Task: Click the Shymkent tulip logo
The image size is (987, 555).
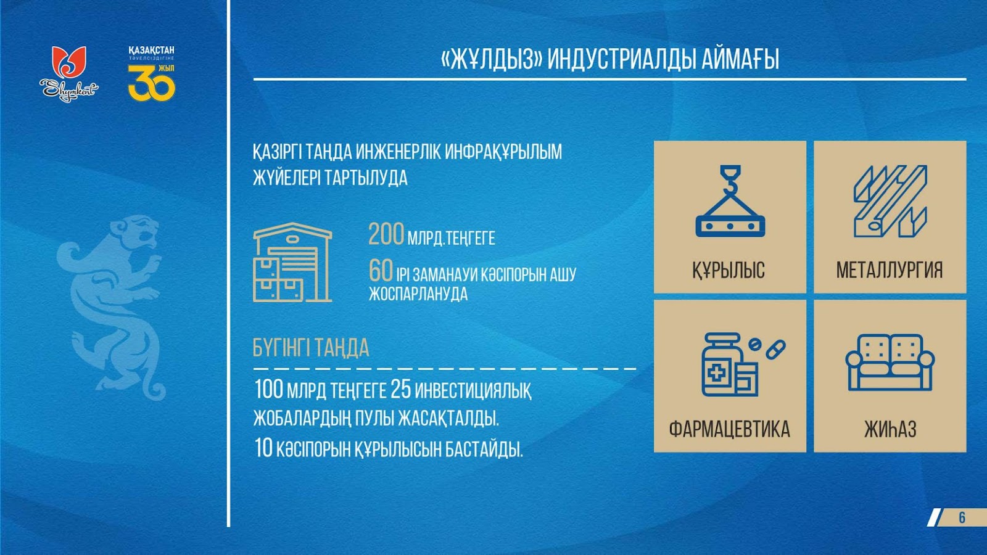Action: pos(68,73)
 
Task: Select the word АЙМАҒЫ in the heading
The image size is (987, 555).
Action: pos(740,59)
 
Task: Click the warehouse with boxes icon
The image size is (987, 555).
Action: pos(292,263)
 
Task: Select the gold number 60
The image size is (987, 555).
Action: pos(380,270)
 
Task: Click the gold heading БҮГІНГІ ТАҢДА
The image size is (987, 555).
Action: pos(311,348)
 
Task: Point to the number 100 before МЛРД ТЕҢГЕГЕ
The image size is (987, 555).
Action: pos(268,389)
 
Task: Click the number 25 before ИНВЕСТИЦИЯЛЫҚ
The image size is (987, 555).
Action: pos(400,389)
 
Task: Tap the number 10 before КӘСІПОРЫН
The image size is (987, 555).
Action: pos(263,448)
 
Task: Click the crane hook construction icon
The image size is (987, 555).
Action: pos(730,201)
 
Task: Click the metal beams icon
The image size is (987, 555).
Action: pos(891,201)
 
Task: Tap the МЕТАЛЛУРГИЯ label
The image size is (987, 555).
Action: pos(890,270)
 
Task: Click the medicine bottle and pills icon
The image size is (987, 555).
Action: pos(743,364)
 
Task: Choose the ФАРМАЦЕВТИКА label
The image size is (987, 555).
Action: pos(730,429)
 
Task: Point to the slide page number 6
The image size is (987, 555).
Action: pos(962,517)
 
